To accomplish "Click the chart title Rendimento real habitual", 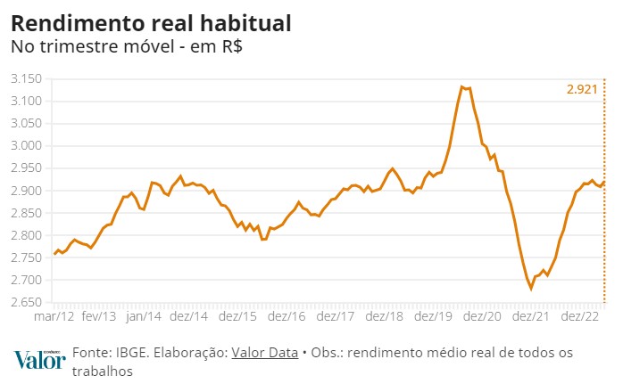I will (x=151, y=21).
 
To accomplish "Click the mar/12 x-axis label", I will (x=55, y=316).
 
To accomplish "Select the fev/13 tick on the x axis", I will (x=99, y=316).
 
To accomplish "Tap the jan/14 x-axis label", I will (x=144, y=316).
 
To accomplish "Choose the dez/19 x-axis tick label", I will (x=430, y=316).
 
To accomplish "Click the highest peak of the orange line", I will (x=461, y=86).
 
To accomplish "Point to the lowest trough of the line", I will (x=531, y=289).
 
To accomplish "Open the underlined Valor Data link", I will (x=264, y=353).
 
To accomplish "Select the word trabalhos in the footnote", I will (x=103, y=372).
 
